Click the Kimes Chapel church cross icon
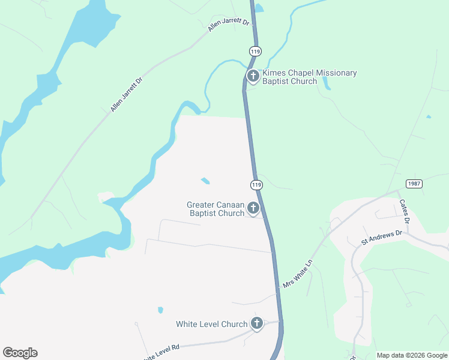253,76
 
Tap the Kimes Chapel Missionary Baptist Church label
310,77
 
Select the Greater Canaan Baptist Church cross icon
253,208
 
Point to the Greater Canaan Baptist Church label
215,209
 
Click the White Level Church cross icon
257,324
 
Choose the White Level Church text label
211,324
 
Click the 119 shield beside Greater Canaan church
256,184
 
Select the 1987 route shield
414,184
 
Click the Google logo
20,353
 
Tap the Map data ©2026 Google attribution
412,355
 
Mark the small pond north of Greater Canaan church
205,181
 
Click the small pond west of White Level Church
160,310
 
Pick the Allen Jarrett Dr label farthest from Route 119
127,94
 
